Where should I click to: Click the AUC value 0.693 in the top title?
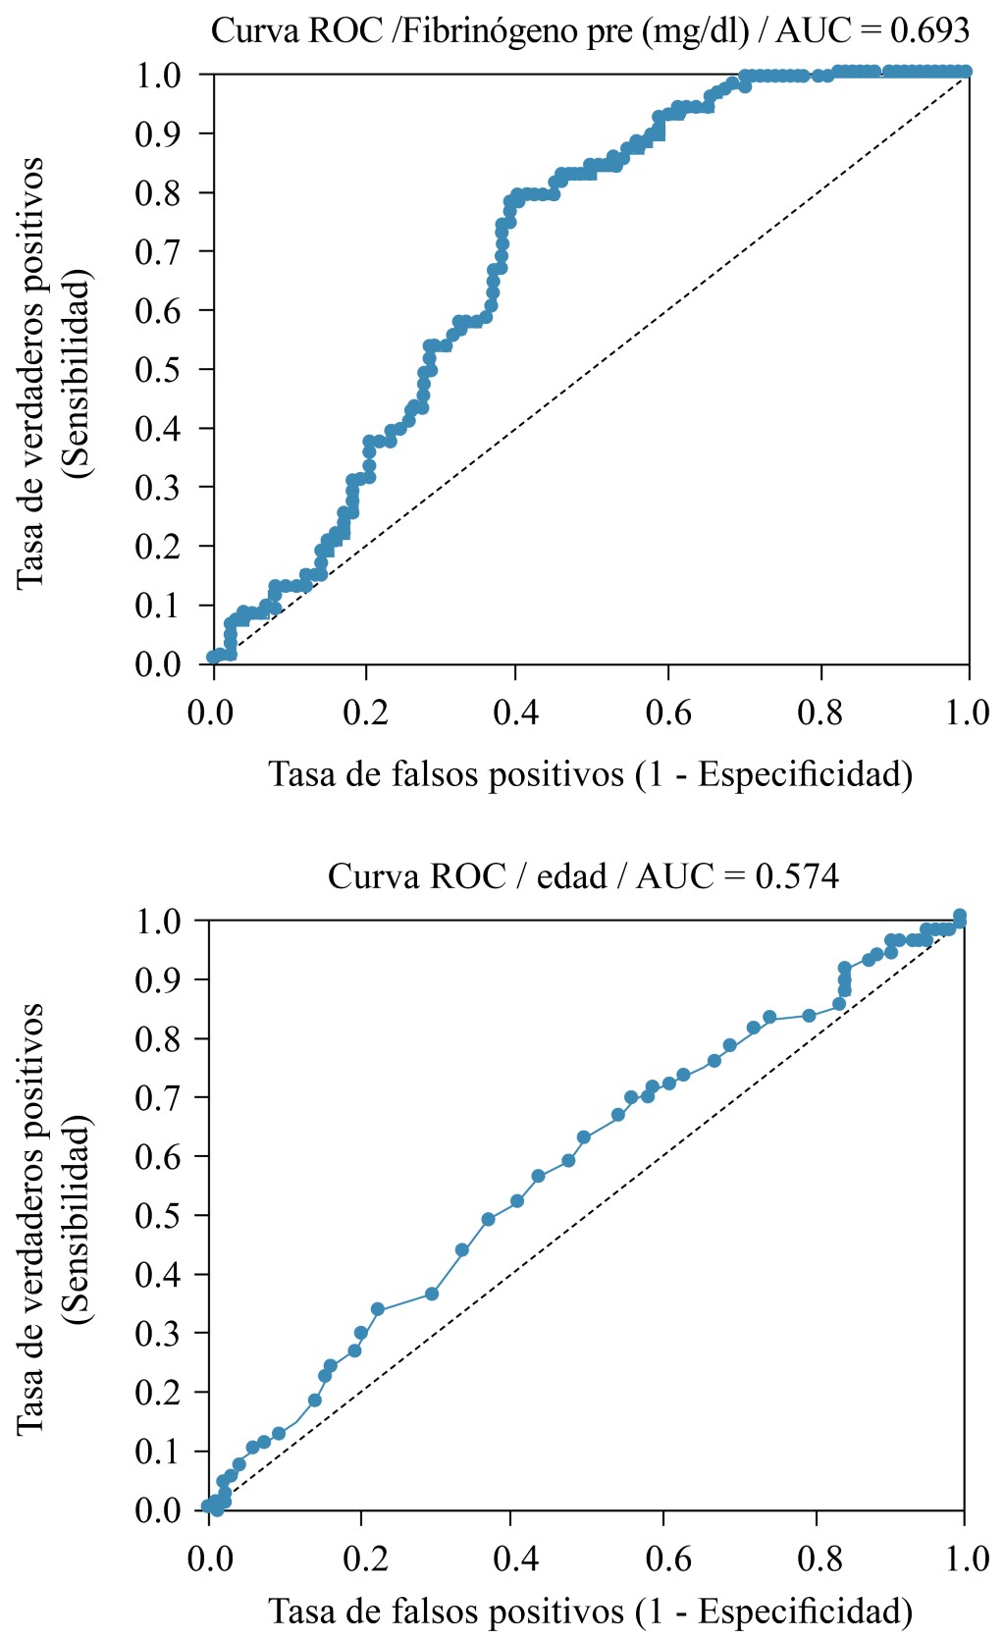pyautogui.click(x=929, y=31)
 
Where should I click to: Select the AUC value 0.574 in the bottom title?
pyautogui.click(x=797, y=875)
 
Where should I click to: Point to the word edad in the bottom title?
pyautogui.click(x=571, y=875)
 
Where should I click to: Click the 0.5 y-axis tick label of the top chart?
pyautogui.click(x=159, y=370)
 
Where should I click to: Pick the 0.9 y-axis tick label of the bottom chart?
pyautogui.click(x=159, y=980)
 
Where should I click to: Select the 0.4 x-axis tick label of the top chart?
pyautogui.click(x=516, y=713)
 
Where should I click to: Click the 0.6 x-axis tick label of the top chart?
pyautogui.click(x=668, y=713)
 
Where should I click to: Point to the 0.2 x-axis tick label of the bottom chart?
pyautogui.click(x=362, y=1559)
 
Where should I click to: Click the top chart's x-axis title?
pyautogui.click(x=591, y=774)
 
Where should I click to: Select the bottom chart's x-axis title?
pyautogui.click(x=591, y=1611)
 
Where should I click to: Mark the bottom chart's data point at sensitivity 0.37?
pyautogui.click(x=431, y=1294)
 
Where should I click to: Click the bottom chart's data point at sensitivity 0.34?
pyautogui.click(x=378, y=1309)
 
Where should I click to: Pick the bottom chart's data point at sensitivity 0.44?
pyautogui.click(x=462, y=1249)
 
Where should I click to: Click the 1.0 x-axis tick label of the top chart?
pyautogui.click(x=968, y=713)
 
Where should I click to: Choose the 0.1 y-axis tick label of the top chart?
pyautogui.click(x=159, y=606)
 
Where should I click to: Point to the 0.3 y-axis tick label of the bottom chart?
pyautogui.click(x=159, y=1334)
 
